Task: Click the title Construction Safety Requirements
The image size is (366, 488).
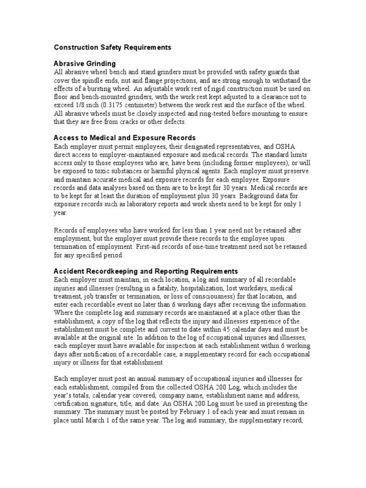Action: click(112, 48)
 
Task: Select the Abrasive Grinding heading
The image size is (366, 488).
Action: click(85, 64)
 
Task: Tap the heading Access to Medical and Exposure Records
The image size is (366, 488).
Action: click(125, 138)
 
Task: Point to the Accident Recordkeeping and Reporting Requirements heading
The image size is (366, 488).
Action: click(146, 271)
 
